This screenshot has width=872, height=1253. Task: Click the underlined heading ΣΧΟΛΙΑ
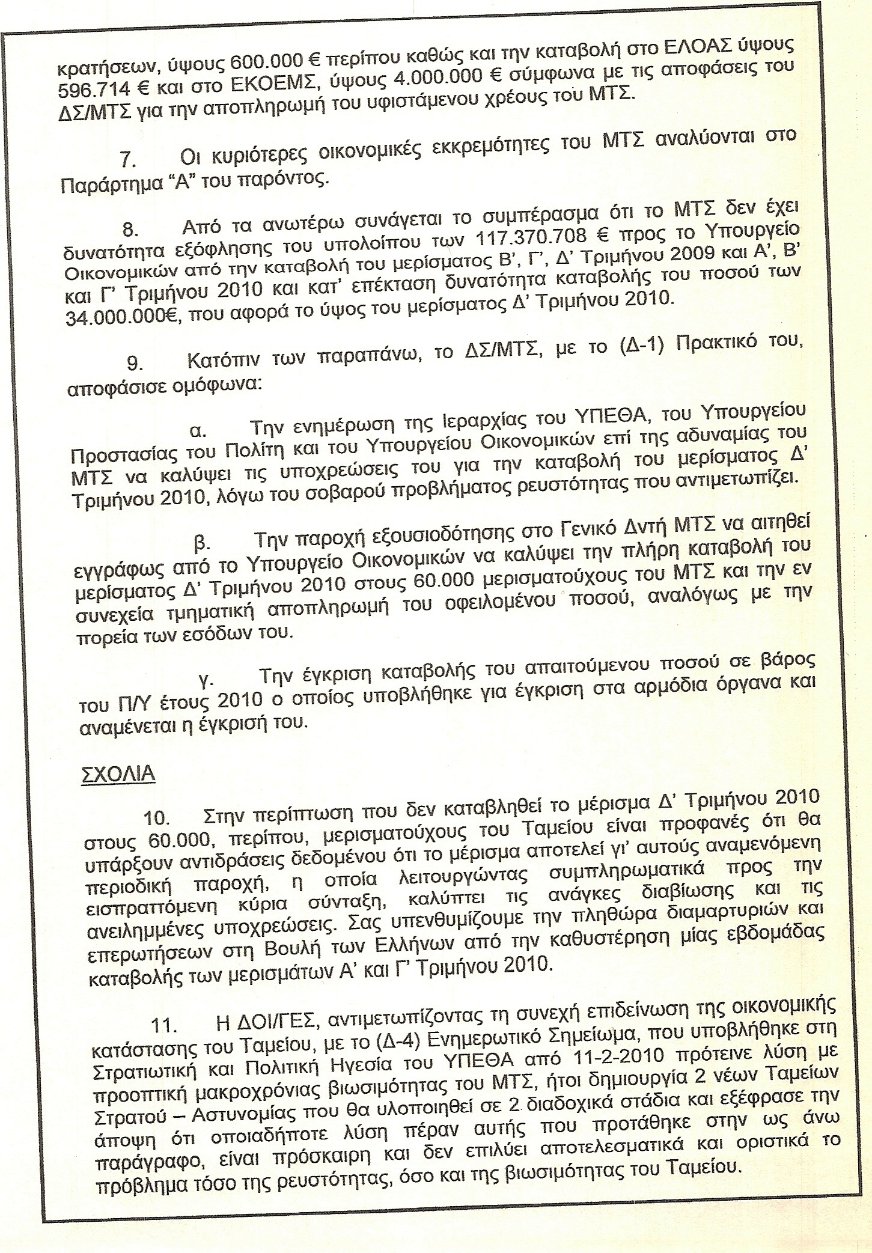click(118, 774)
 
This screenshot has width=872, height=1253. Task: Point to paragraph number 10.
click(156, 819)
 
